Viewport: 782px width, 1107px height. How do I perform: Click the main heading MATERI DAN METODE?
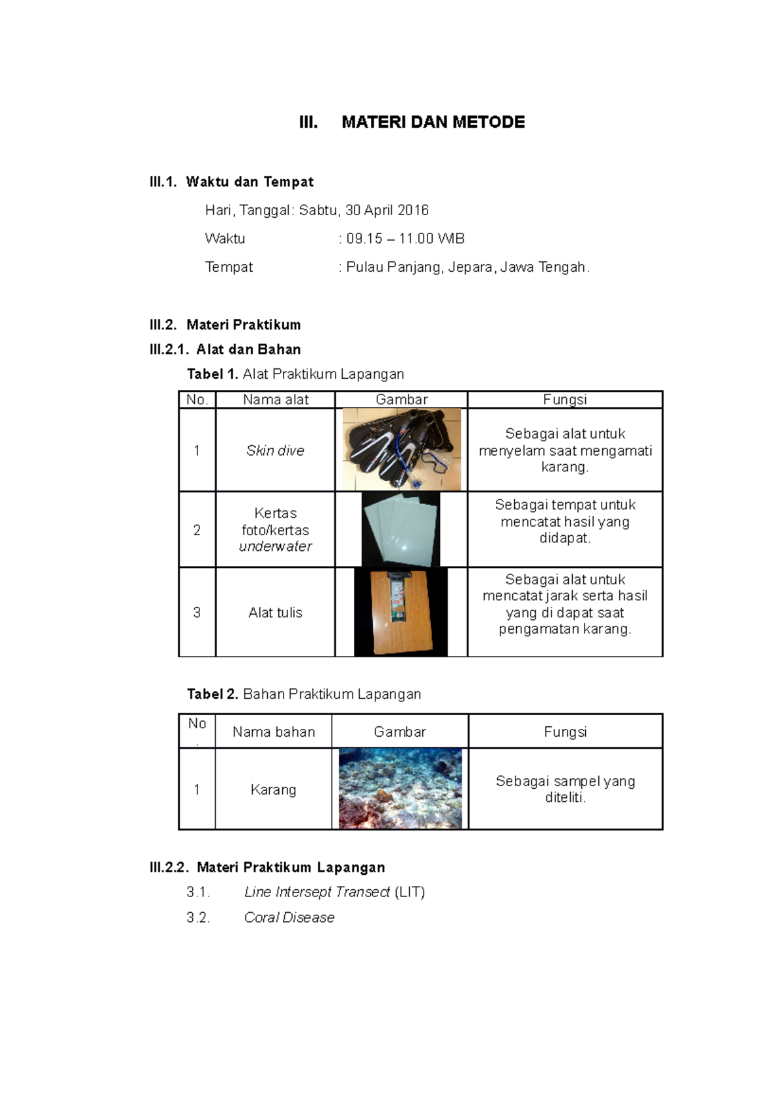pos(433,123)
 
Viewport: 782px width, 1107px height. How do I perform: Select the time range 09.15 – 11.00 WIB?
pos(405,239)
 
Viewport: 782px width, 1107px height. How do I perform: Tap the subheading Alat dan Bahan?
pos(248,349)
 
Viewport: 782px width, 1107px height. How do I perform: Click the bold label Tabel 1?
pos(212,374)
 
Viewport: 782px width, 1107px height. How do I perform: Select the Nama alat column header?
pos(275,400)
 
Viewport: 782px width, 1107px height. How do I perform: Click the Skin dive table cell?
pos(275,450)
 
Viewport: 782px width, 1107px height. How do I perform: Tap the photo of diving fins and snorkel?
pos(401,450)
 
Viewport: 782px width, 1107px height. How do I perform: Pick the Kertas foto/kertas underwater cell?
pos(275,530)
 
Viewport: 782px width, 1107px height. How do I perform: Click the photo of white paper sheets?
pos(401,529)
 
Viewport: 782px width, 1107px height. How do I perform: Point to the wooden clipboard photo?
pos(401,612)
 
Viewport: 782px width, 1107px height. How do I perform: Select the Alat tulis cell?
pos(275,613)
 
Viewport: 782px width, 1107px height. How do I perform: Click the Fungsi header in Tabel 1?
pos(564,400)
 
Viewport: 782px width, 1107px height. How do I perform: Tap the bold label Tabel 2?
pos(212,694)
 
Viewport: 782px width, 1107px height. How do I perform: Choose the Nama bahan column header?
pos(274,732)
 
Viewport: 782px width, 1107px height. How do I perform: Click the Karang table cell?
pos(273,790)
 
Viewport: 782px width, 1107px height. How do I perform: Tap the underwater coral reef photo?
pos(400,789)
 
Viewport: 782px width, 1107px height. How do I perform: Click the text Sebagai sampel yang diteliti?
pos(565,790)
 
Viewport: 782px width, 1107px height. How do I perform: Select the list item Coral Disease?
pos(289,918)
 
